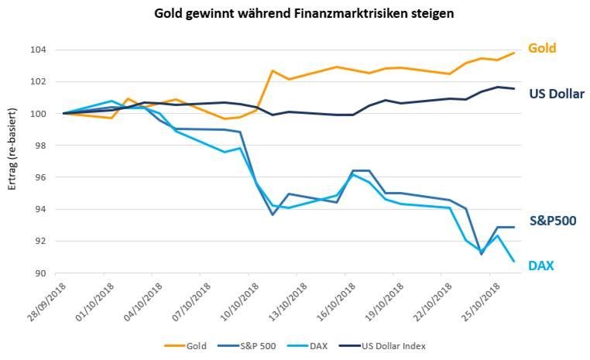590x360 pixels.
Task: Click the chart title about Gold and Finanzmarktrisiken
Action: pyautogui.click(x=295, y=13)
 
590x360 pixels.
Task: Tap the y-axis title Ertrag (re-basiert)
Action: pyautogui.click(x=11, y=159)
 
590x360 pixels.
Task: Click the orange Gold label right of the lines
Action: pyautogui.click(x=542, y=48)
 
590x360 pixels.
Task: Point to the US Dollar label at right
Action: pyautogui.click(x=556, y=94)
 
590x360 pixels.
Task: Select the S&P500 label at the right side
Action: pyautogui.click(x=553, y=220)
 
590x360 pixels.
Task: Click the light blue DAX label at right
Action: pyautogui.click(x=540, y=266)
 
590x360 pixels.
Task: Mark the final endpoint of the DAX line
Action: pyautogui.click(x=514, y=261)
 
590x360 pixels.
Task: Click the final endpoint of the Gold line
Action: pyautogui.click(x=514, y=53)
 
